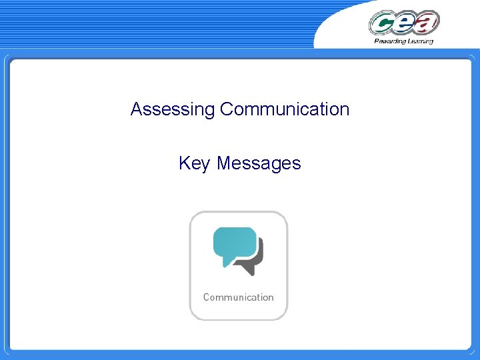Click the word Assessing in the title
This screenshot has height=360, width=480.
pos(173,109)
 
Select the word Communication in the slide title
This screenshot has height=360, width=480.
pos(285,109)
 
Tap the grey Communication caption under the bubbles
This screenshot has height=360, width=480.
pos(238,297)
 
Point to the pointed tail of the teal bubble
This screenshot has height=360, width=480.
pos(226,264)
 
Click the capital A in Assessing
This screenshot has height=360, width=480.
pos(136,109)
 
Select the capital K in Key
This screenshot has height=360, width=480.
pos(184,163)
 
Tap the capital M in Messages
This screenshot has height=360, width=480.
pos(223,163)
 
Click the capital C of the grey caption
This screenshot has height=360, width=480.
pos(207,297)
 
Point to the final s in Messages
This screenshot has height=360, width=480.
pos(297,164)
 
